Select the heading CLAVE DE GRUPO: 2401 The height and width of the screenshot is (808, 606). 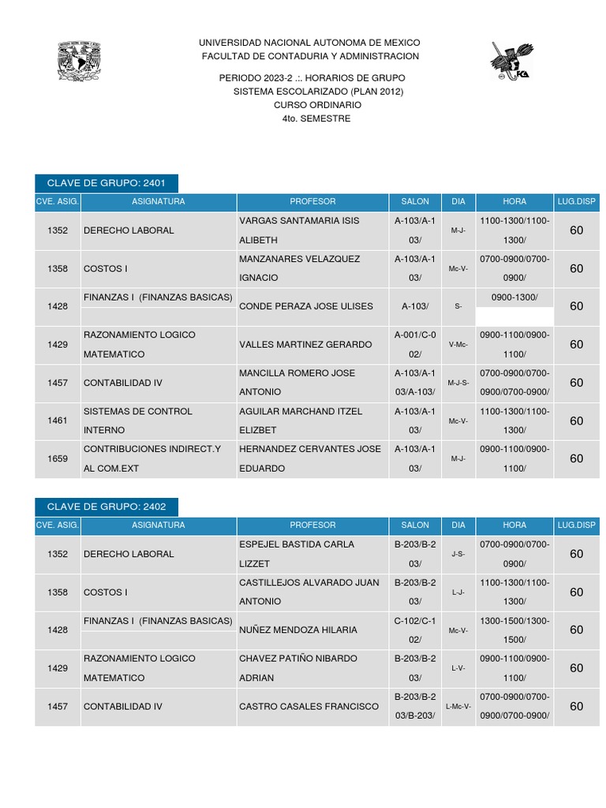107,183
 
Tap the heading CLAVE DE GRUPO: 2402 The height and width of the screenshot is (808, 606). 107,507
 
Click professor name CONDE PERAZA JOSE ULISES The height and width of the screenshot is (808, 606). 305,306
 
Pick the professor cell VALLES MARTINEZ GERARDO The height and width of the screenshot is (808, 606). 305,345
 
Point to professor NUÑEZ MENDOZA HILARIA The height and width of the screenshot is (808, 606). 298,630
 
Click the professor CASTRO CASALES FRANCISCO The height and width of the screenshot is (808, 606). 309,706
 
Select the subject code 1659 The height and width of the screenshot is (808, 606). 58,458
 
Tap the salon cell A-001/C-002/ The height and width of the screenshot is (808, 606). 415,345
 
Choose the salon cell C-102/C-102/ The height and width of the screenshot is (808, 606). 415,630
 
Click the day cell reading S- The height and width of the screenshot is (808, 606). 458,306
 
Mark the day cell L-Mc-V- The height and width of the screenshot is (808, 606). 458,706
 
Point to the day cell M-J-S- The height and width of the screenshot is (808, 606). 458,383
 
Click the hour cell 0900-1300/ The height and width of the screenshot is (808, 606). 514,297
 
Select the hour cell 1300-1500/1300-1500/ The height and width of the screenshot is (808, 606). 514,630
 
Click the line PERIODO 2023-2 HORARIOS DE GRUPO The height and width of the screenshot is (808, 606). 312,78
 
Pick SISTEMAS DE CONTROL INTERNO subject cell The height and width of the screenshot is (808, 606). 138,421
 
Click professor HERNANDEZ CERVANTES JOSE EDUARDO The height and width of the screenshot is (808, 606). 309,458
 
